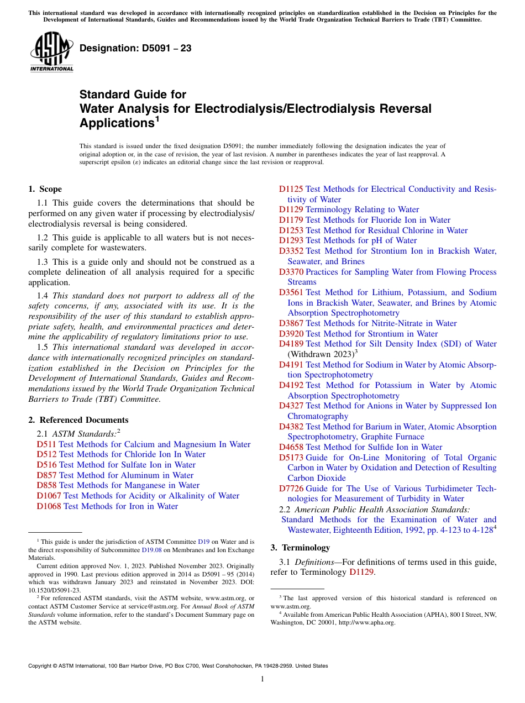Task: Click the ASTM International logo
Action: [x=51, y=52]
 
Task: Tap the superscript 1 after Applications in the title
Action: [x=157, y=118]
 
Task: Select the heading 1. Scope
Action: [x=45, y=189]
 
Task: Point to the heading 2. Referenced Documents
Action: [x=78, y=420]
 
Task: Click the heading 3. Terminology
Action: [x=300, y=548]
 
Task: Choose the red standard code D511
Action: [x=46, y=444]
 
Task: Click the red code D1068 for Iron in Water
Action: [x=49, y=506]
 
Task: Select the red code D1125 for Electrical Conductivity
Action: [x=291, y=189]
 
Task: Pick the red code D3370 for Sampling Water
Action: [x=291, y=272]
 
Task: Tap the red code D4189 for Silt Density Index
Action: [x=291, y=344]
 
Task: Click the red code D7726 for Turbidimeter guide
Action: [x=291, y=489]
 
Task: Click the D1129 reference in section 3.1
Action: [x=362, y=573]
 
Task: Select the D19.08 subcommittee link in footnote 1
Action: [x=152, y=550]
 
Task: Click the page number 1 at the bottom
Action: [x=262, y=679]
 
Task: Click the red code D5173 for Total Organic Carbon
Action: [x=291, y=458]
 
